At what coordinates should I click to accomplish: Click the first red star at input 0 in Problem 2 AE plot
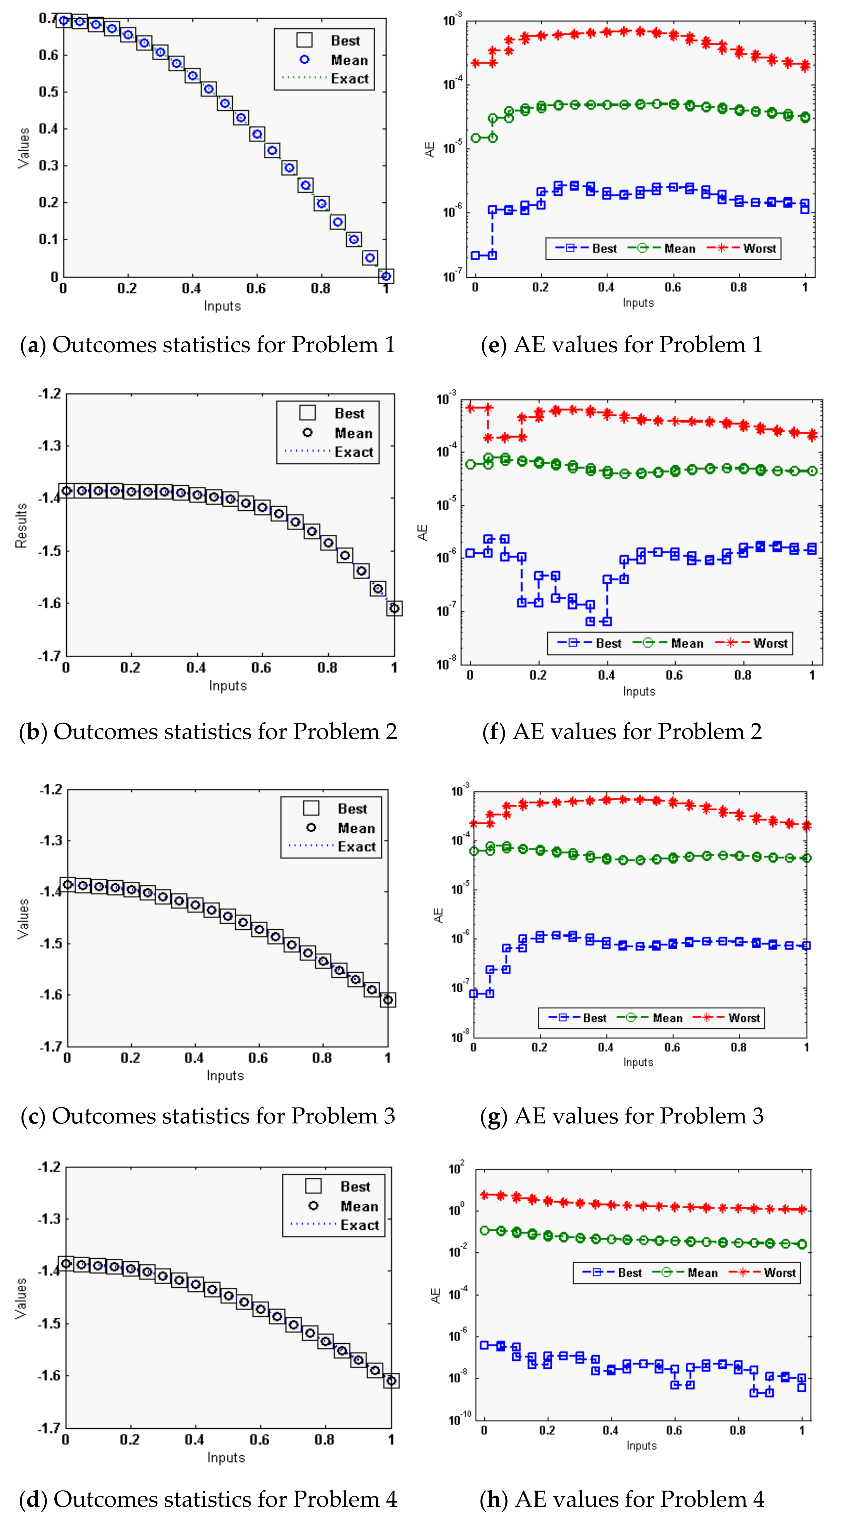click(x=471, y=408)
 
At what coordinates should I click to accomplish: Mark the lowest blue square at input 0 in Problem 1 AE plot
click(x=475, y=256)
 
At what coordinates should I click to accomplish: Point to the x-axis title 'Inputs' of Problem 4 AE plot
click(x=641, y=1445)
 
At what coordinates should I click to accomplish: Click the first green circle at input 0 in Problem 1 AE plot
click(x=475, y=138)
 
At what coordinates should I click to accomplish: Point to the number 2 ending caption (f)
click(x=755, y=732)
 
